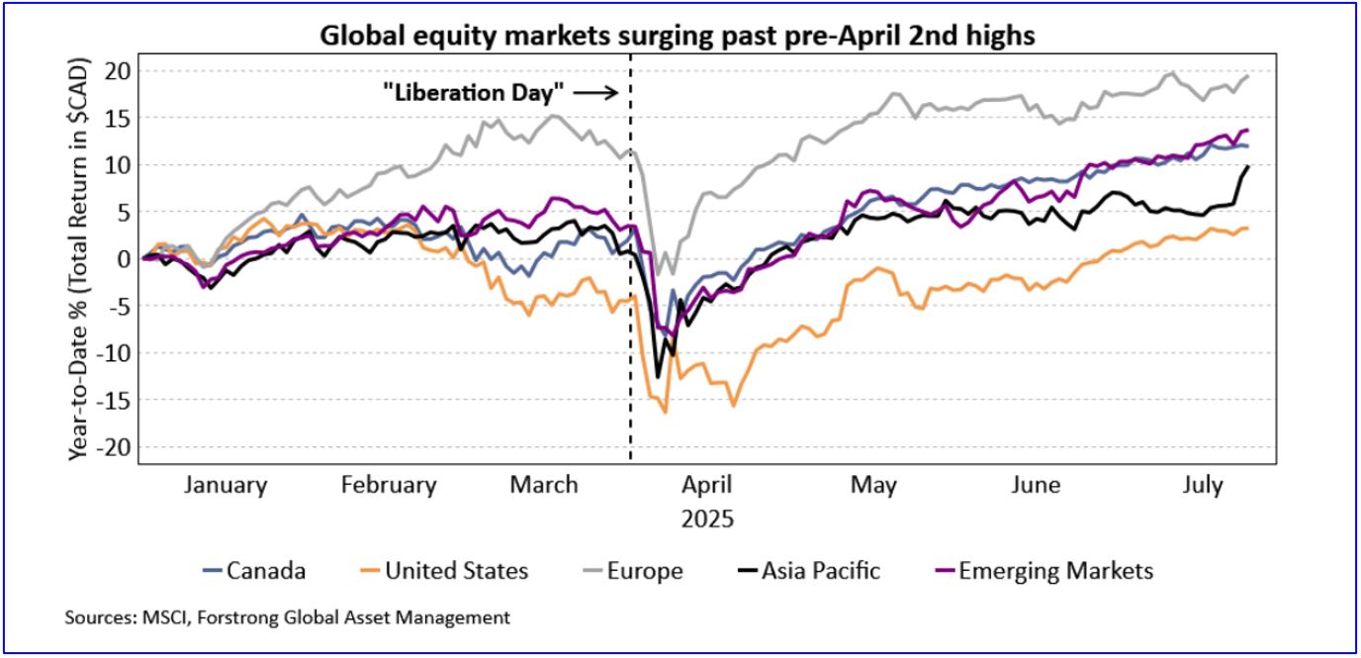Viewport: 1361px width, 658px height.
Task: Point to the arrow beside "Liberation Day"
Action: coord(595,93)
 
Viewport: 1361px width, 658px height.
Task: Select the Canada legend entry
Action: coord(254,571)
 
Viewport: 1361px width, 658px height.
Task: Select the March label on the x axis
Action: coord(543,486)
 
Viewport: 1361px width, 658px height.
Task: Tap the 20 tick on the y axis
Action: coord(120,70)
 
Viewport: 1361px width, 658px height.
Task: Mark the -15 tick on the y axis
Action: coord(117,401)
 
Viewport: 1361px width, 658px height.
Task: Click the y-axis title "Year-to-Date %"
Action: coord(79,259)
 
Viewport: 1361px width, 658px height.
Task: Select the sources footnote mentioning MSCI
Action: coord(288,618)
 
